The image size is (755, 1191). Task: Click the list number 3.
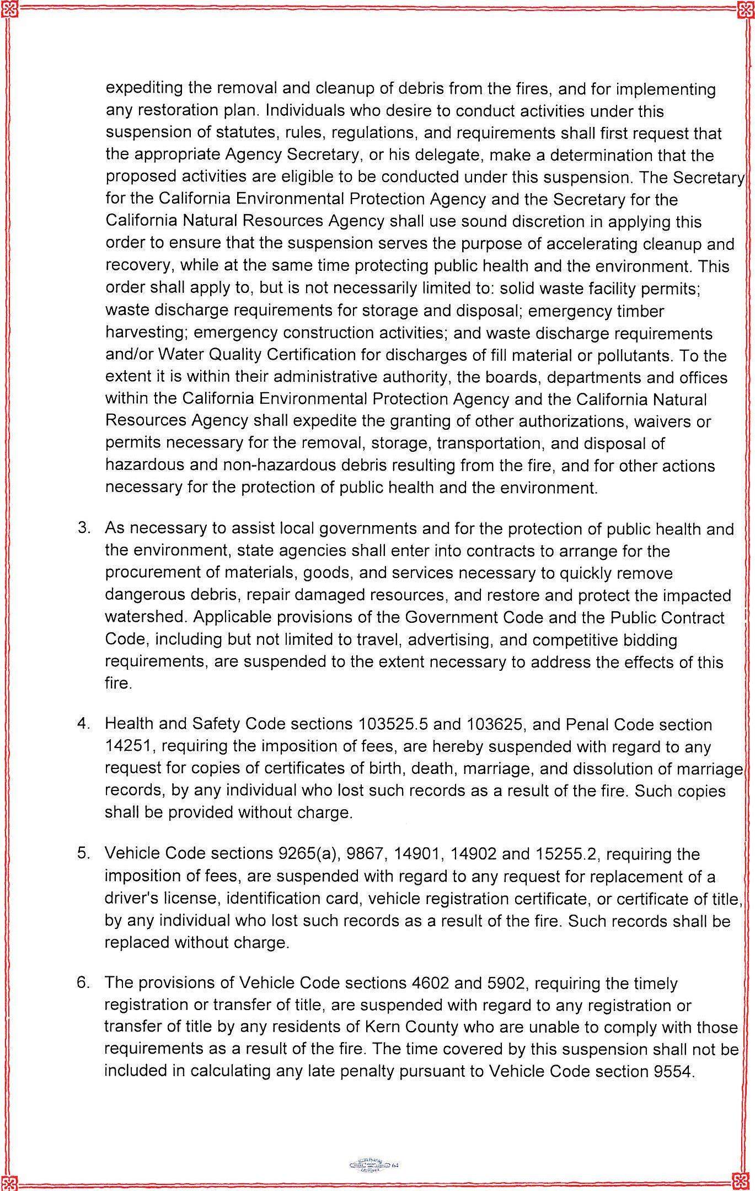pos(84,528)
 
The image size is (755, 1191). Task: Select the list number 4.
pos(84,724)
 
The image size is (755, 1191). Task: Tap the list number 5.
pos(84,853)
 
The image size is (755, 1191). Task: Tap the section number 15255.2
pos(566,853)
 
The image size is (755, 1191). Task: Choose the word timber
pos(638,311)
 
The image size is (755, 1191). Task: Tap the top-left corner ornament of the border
pos(9,9)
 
